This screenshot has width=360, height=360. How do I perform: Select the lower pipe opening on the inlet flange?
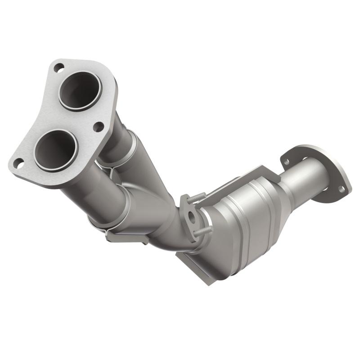coord(55,150)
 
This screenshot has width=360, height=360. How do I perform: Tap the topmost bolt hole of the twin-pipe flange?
coord(58,68)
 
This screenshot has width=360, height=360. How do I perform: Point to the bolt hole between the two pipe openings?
coord(98,127)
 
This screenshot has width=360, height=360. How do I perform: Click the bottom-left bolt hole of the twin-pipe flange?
coord(19,164)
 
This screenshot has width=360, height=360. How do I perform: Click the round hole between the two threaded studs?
coord(192,216)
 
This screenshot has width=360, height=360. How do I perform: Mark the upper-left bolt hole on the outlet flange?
coord(286,159)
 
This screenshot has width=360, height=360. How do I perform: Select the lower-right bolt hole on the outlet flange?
coord(341,189)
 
